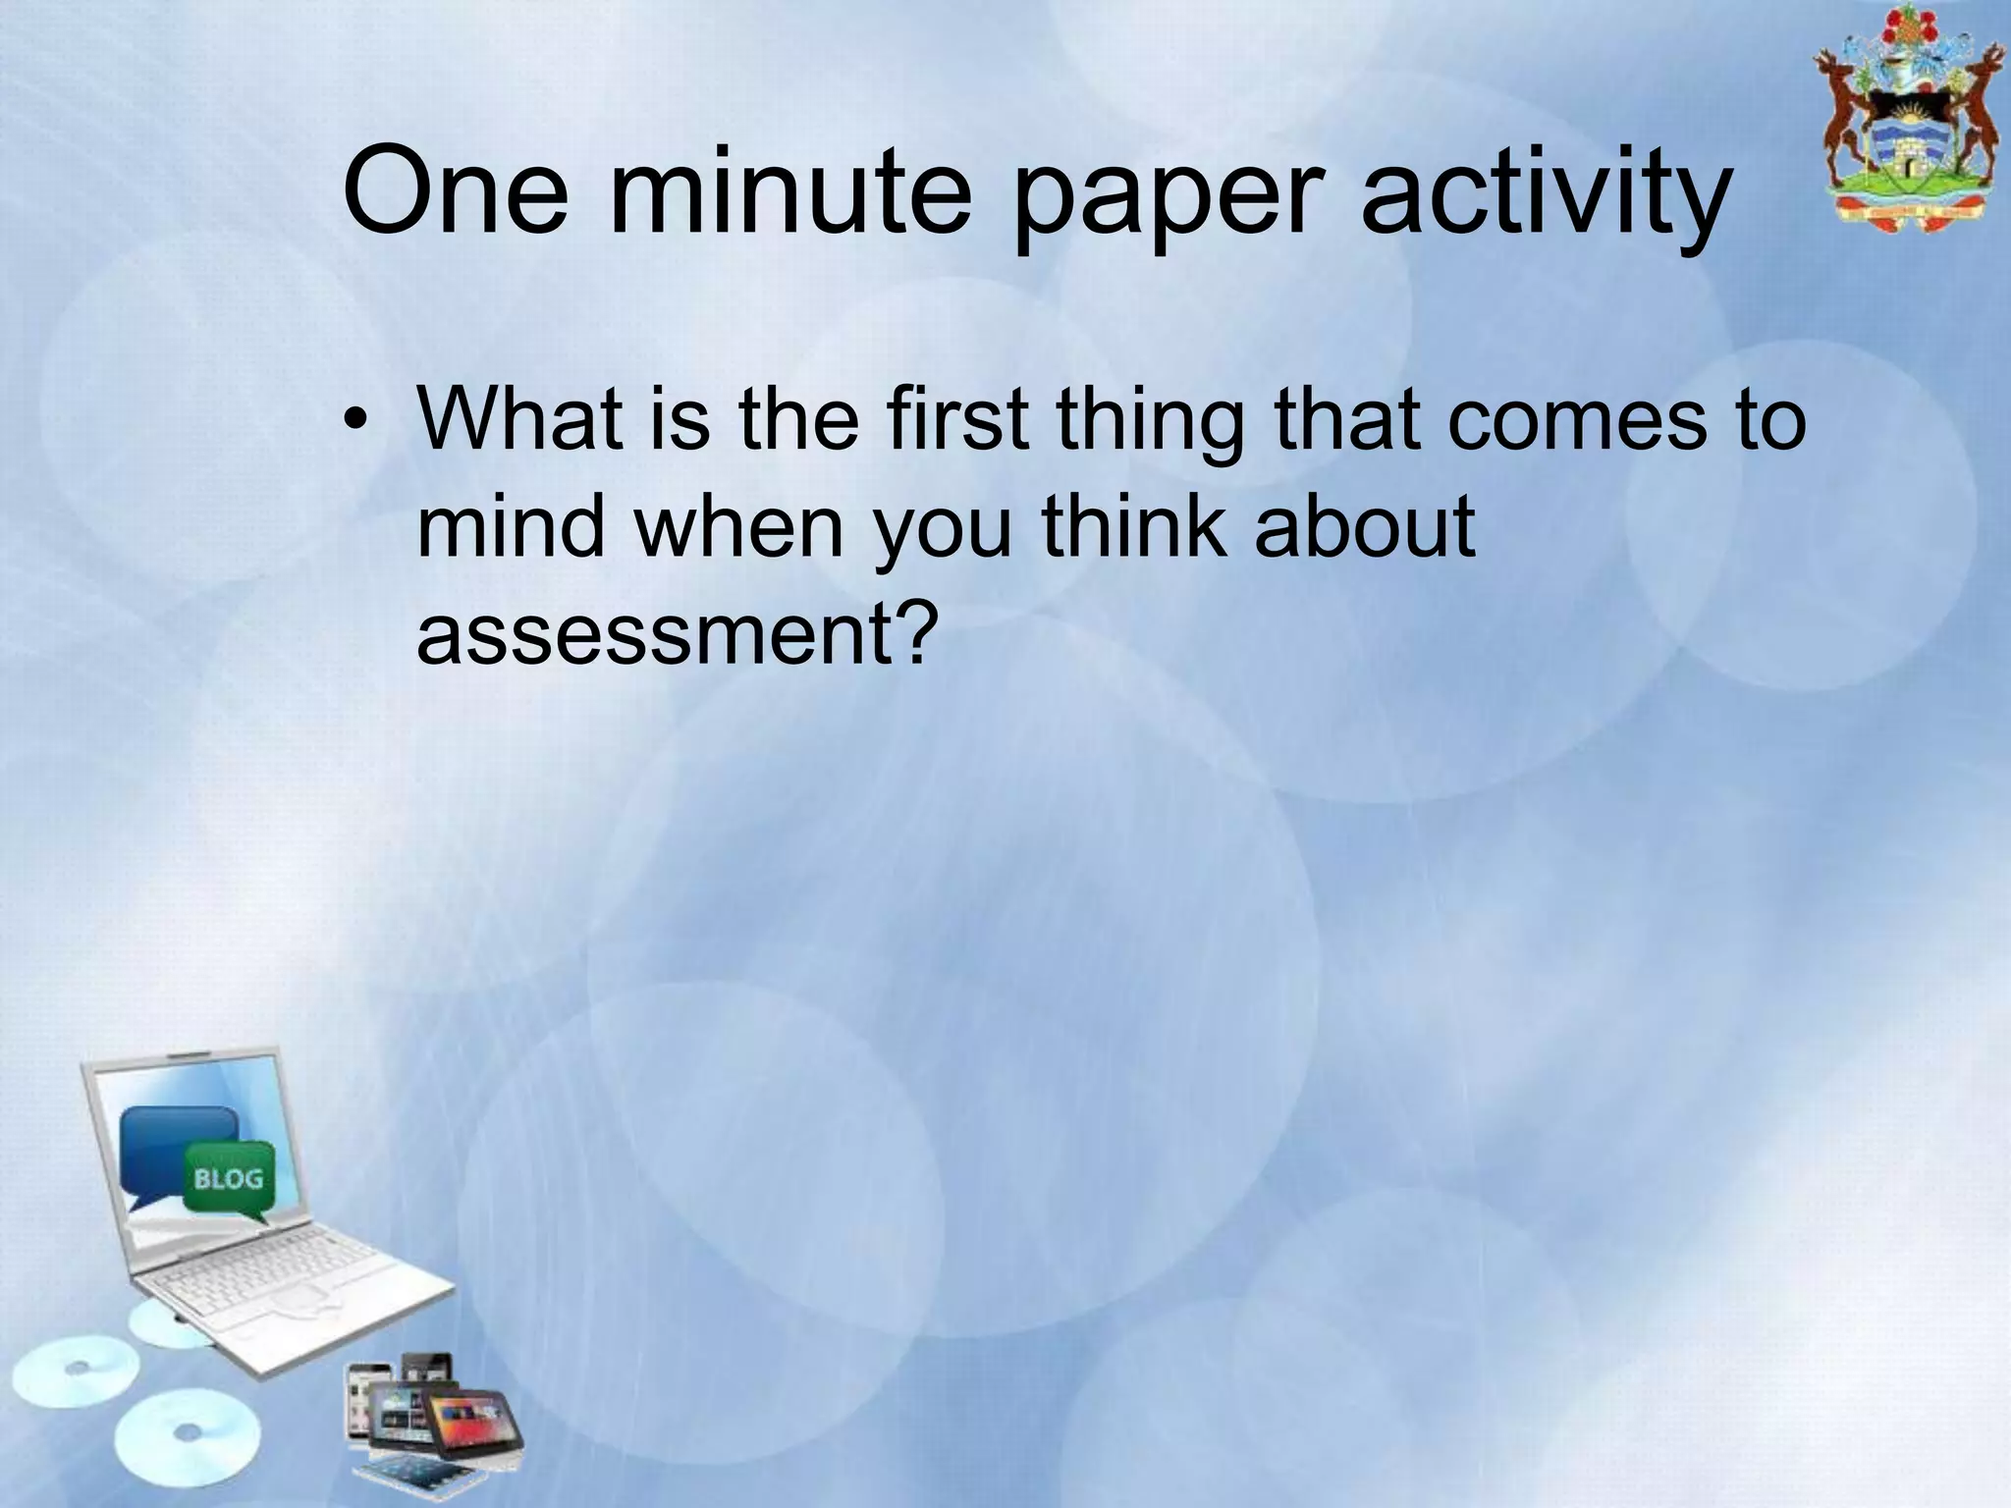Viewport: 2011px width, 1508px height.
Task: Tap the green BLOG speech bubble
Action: (x=228, y=1179)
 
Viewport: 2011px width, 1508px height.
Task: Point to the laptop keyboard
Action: (x=285, y=1276)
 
